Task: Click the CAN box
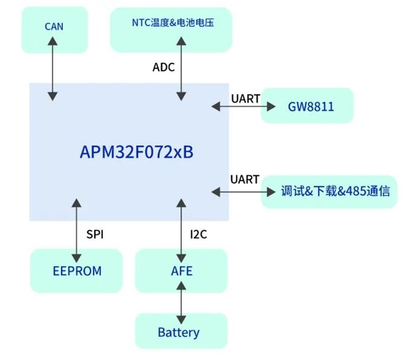[x=54, y=27]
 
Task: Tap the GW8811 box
[x=307, y=107]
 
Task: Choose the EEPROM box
[x=76, y=270]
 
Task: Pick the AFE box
[x=181, y=270]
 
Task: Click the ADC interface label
[x=163, y=67]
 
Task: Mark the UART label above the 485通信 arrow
[x=245, y=179]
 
